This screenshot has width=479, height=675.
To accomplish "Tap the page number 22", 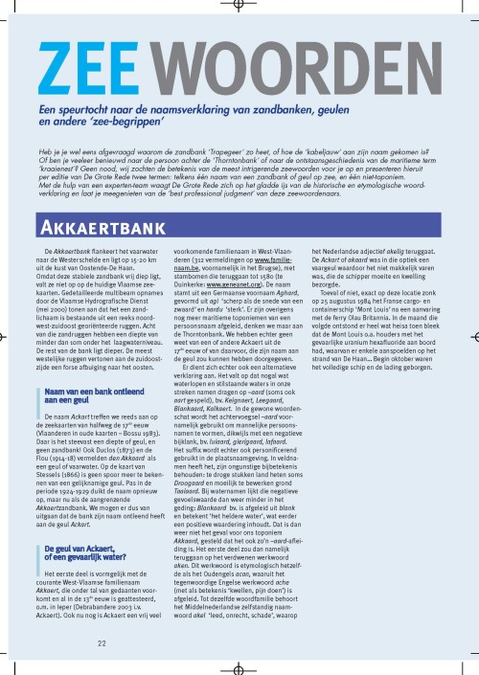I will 101,642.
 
